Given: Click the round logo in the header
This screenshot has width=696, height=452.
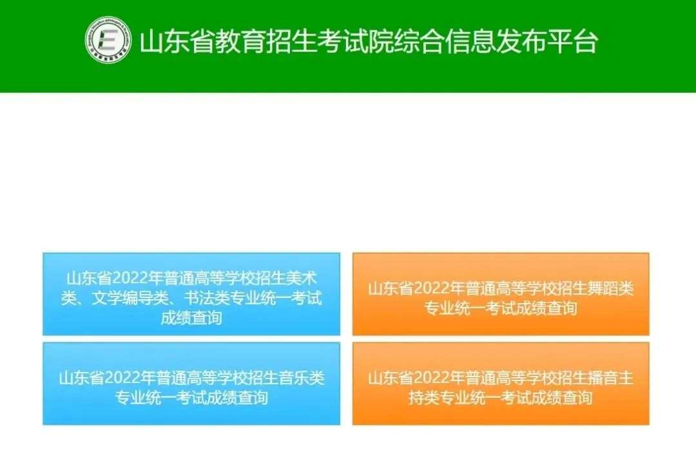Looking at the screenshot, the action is [x=108, y=39].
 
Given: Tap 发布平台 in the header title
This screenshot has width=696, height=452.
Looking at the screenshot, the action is [x=547, y=42].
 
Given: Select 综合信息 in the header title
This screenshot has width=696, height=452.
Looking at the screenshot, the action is [x=445, y=42].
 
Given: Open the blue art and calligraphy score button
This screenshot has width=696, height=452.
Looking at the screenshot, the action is [x=191, y=294].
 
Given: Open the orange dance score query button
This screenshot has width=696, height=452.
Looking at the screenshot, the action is [x=501, y=294].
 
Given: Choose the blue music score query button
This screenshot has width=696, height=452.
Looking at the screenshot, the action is [x=191, y=384].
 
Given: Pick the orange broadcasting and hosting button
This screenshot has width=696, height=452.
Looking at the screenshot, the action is [x=501, y=384].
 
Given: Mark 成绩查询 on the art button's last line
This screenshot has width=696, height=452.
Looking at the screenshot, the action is [x=191, y=318].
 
